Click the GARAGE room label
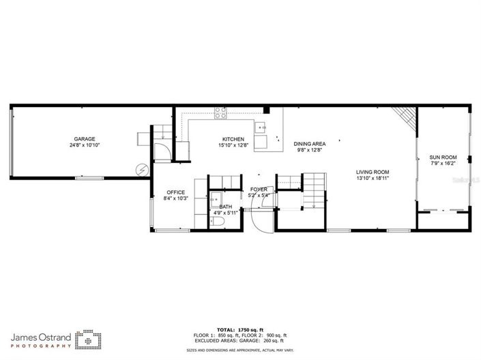click(85, 138)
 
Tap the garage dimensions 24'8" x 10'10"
click(85, 145)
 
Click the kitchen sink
click(262, 127)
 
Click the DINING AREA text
click(309, 144)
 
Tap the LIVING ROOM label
click(373, 172)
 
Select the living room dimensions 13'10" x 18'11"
click(373, 179)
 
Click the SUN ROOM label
click(443, 156)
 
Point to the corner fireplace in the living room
click(409, 118)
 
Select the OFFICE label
click(175, 192)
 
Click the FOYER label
click(259, 189)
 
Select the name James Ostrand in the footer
click(40, 336)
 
